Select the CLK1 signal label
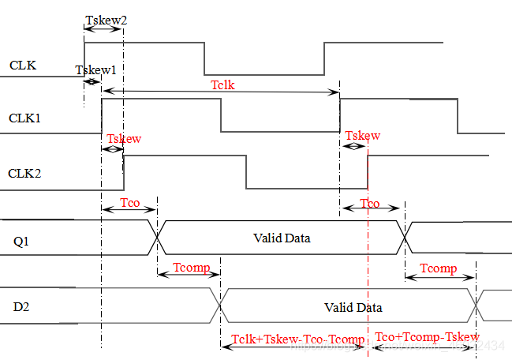click(x=24, y=118)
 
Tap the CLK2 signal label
click(x=24, y=173)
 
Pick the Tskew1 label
click(x=96, y=70)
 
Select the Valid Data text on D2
click(x=353, y=307)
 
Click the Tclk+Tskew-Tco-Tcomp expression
click(x=298, y=339)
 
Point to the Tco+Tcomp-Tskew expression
click(x=427, y=338)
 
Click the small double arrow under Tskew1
click(x=92, y=81)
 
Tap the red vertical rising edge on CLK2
click(x=368, y=172)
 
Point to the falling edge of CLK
click(x=205, y=58)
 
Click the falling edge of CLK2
click(x=246, y=172)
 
